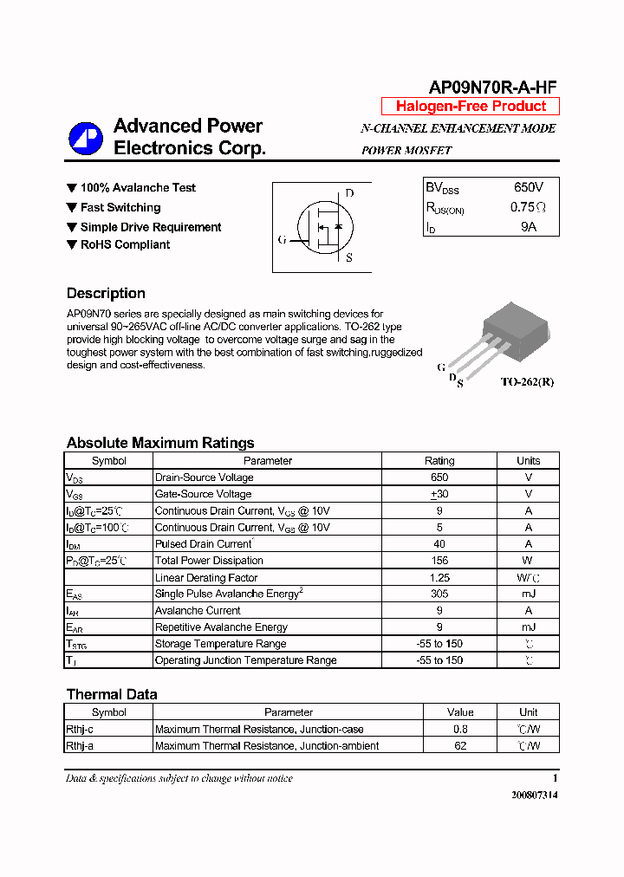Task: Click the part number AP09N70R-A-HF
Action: pyautogui.click(x=492, y=87)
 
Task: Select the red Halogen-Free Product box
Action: pyautogui.click(x=471, y=107)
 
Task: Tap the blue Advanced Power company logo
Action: pyautogui.click(x=86, y=138)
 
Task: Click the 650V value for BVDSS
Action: pyautogui.click(x=528, y=187)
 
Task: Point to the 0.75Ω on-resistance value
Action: pyautogui.click(x=528, y=207)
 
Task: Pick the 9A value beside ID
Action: pyautogui.click(x=528, y=227)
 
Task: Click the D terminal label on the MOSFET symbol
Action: pyautogui.click(x=349, y=193)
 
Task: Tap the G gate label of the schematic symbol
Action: pyautogui.click(x=282, y=239)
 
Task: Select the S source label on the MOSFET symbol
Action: pyautogui.click(x=349, y=257)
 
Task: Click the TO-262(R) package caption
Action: pyautogui.click(x=527, y=382)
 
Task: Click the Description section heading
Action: pyautogui.click(x=106, y=293)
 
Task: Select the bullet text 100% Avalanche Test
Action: pyautogui.click(x=138, y=188)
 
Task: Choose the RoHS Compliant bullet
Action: pyautogui.click(x=125, y=245)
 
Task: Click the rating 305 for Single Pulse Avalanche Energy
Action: pyautogui.click(x=439, y=594)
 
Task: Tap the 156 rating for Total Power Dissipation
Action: pyautogui.click(x=439, y=561)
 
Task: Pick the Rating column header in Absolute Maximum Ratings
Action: pyautogui.click(x=439, y=461)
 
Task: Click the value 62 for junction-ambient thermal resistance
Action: pyautogui.click(x=460, y=745)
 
